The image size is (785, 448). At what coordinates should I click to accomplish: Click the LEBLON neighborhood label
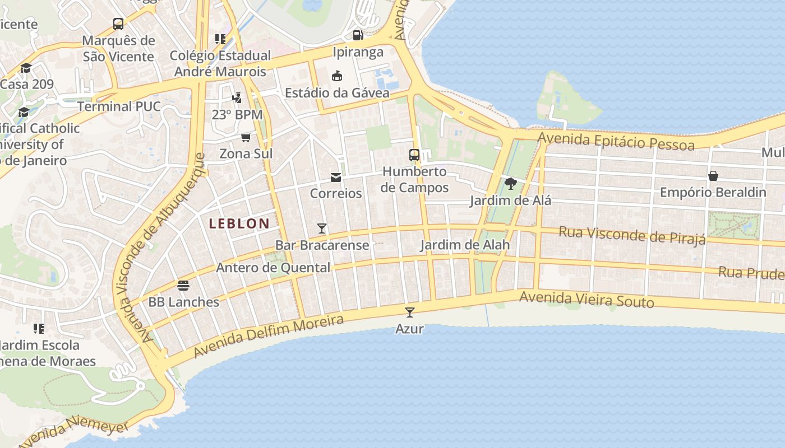[x=239, y=223]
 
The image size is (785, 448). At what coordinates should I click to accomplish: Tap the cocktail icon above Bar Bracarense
[x=322, y=228]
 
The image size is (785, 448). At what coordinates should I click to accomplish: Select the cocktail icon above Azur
[x=410, y=312]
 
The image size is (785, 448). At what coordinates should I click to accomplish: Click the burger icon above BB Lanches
[x=183, y=285]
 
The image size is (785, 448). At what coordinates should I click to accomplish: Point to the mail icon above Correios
[x=336, y=178]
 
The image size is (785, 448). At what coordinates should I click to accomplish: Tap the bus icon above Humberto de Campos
[x=414, y=155]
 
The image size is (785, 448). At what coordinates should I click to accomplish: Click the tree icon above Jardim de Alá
[x=510, y=184]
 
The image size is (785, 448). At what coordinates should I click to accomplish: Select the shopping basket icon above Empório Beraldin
[x=713, y=176]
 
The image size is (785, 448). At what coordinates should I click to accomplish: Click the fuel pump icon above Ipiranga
[x=358, y=35]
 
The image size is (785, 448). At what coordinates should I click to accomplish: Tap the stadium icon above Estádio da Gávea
[x=337, y=76]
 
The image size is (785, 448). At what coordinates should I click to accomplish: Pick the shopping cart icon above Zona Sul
[x=246, y=137]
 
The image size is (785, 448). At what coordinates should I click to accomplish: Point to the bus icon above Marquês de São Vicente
[x=118, y=24]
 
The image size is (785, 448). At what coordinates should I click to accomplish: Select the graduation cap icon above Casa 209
[x=26, y=68]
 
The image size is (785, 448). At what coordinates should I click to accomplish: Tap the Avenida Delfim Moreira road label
[x=269, y=336]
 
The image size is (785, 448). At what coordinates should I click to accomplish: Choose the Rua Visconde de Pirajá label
[x=632, y=235]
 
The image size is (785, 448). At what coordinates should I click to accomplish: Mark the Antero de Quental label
[x=273, y=268]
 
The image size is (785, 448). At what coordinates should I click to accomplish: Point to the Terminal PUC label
[x=119, y=106]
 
